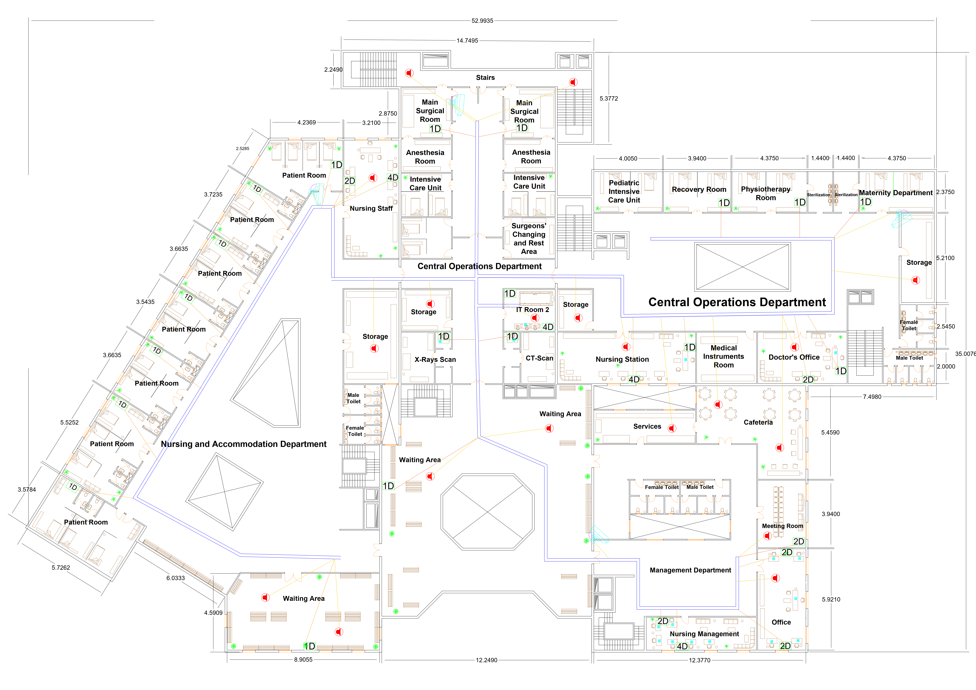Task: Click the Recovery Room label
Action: click(x=699, y=189)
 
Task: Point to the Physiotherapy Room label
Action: click(x=766, y=193)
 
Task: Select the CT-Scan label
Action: click(x=539, y=358)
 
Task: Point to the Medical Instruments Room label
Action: click(x=723, y=356)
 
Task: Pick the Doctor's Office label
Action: click(x=794, y=357)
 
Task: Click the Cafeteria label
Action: click(x=758, y=422)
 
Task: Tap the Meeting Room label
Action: click(x=782, y=526)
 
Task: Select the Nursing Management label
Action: click(x=704, y=634)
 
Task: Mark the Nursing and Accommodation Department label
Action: click(x=244, y=444)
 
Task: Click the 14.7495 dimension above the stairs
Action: click(x=467, y=41)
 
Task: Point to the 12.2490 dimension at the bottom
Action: click(x=486, y=660)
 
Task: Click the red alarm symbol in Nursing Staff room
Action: click(x=373, y=178)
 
